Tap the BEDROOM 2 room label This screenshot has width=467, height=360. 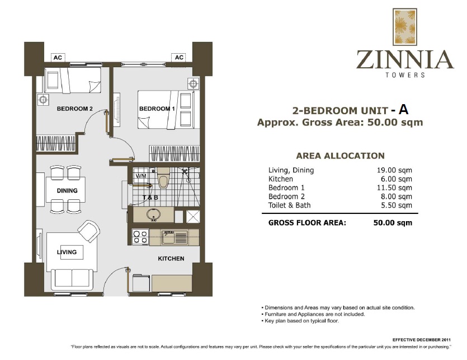[x=74, y=109]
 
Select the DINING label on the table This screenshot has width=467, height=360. [x=67, y=191]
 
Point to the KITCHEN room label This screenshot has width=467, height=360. [x=171, y=259]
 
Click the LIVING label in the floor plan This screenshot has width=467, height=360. [x=67, y=253]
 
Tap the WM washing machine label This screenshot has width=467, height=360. [x=140, y=176]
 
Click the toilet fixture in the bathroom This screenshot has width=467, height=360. [x=163, y=179]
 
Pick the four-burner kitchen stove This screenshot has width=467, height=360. [x=140, y=237]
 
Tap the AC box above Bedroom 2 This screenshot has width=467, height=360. [x=57, y=57]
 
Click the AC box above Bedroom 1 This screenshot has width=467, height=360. [x=179, y=57]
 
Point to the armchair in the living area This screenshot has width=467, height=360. [x=88, y=230]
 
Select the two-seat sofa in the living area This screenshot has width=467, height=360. [x=72, y=278]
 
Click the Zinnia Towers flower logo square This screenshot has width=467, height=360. [x=404, y=26]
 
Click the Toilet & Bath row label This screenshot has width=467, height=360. [x=289, y=205]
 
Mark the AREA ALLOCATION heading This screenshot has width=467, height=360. [x=340, y=156]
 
